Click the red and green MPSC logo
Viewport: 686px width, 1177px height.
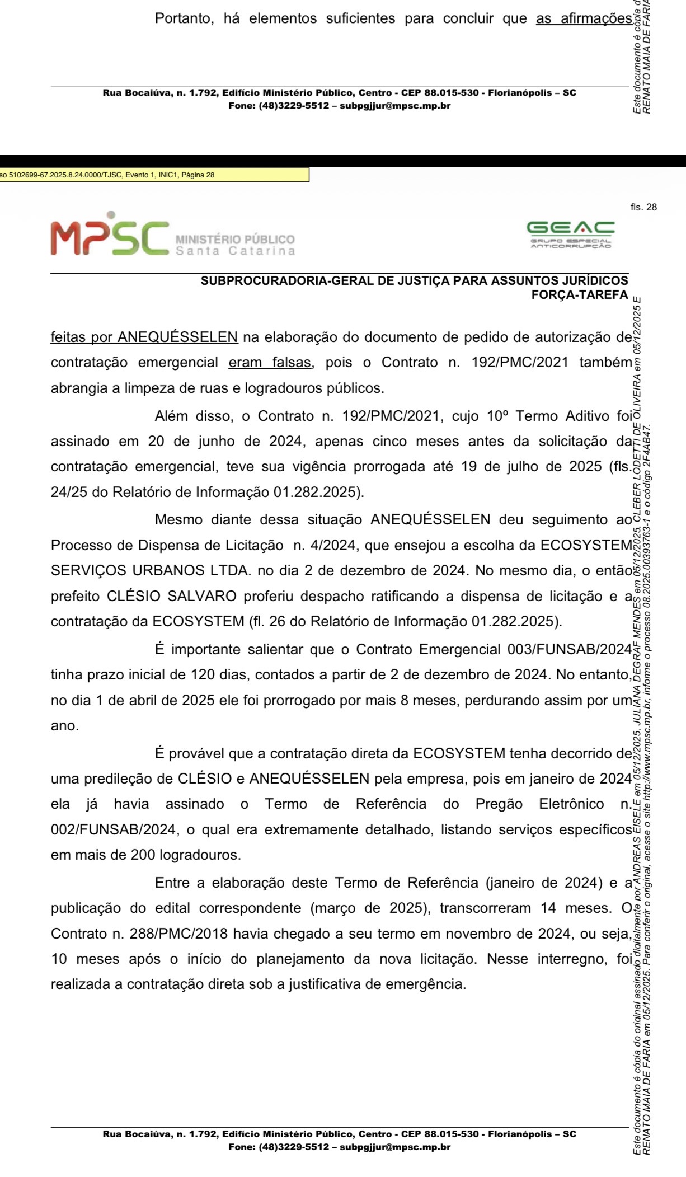[109, 234]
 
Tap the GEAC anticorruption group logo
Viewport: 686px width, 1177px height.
[570, 235]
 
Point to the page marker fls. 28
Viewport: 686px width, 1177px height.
[643, 208]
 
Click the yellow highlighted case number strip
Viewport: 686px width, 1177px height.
[154, 175]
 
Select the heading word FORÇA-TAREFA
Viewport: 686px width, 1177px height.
[580, 294]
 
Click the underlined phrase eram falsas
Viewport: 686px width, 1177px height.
[270, 363]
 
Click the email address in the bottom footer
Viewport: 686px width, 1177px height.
[395, 1147]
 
